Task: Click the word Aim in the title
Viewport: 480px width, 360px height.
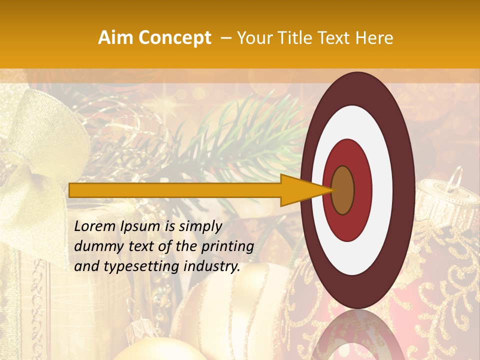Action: (115, 38)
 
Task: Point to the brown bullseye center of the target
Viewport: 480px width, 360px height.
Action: (343, 190)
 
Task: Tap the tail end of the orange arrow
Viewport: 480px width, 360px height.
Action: (71, 190)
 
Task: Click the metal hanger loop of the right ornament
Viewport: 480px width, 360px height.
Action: (453, 177)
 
